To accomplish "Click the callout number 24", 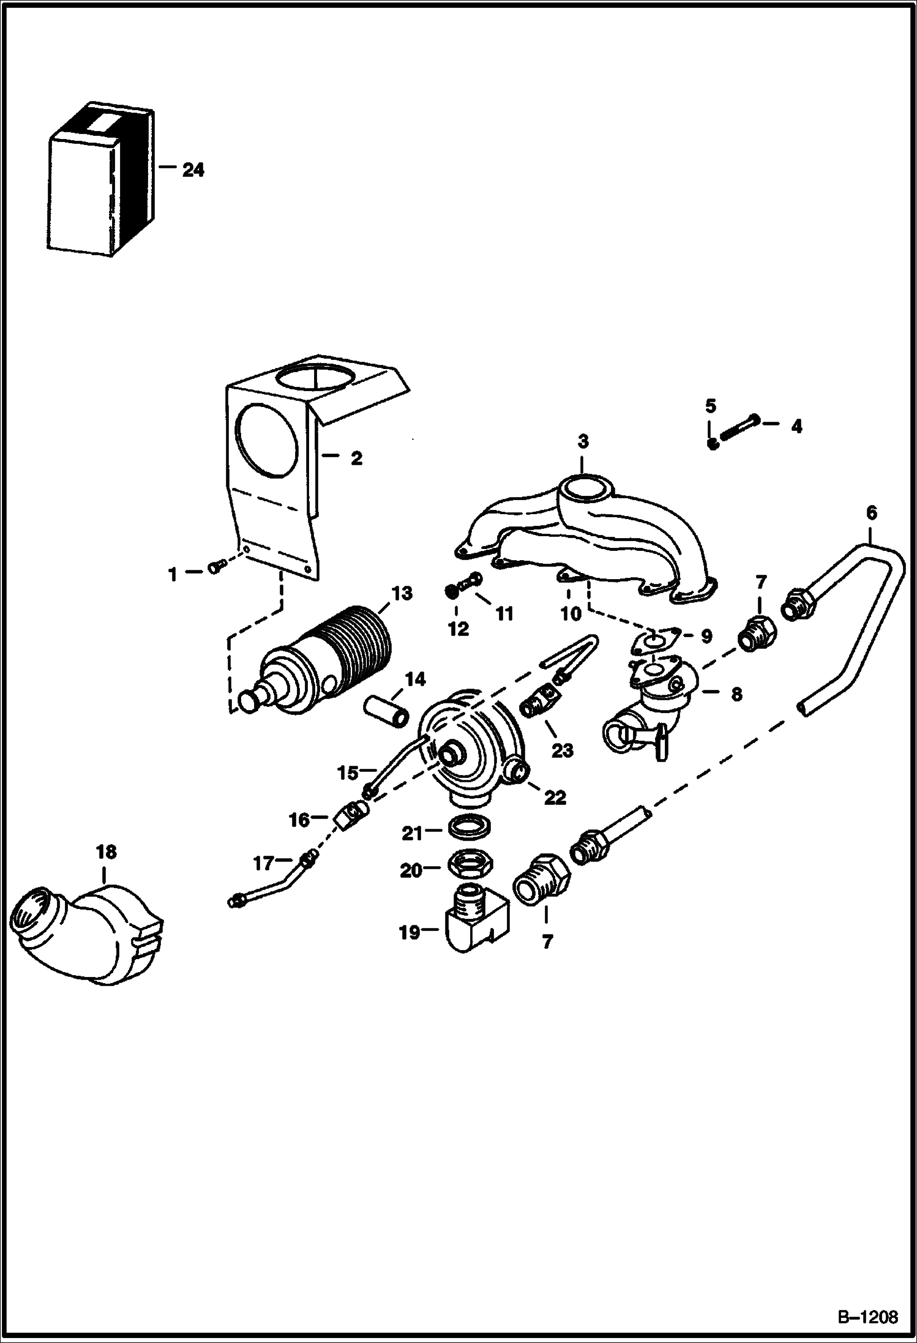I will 193,170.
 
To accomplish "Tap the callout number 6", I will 872,512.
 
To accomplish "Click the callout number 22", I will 556,797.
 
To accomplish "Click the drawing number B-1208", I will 867,1312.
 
